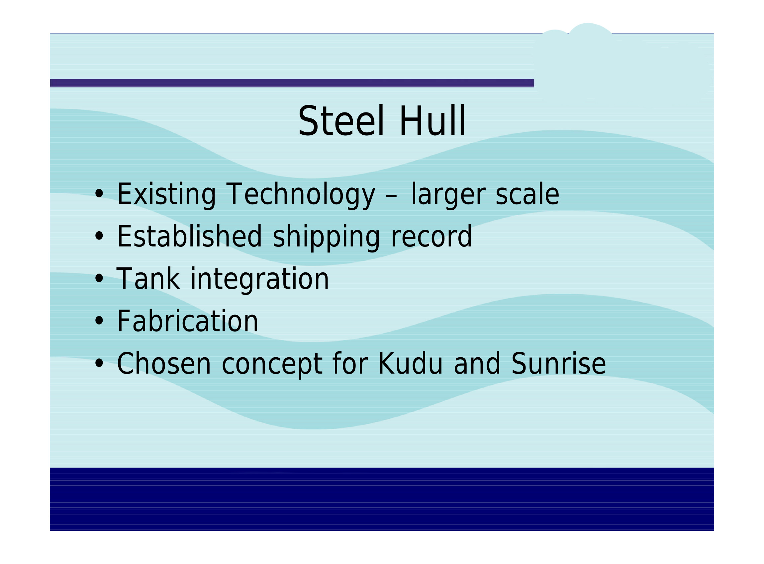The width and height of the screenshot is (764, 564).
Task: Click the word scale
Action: (527, 194)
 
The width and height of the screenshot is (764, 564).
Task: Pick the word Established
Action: (189, 236)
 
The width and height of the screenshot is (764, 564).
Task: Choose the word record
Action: (431, 236)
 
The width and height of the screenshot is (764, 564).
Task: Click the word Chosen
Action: (164, 364)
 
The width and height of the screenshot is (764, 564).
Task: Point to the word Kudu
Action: (411, 364)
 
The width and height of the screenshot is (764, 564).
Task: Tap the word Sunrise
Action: (559, 364)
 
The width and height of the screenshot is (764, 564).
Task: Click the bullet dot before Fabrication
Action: (99, 321)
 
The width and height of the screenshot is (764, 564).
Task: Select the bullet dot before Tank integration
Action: (99, 279)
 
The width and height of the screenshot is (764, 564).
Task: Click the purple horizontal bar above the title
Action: (292, 83)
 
